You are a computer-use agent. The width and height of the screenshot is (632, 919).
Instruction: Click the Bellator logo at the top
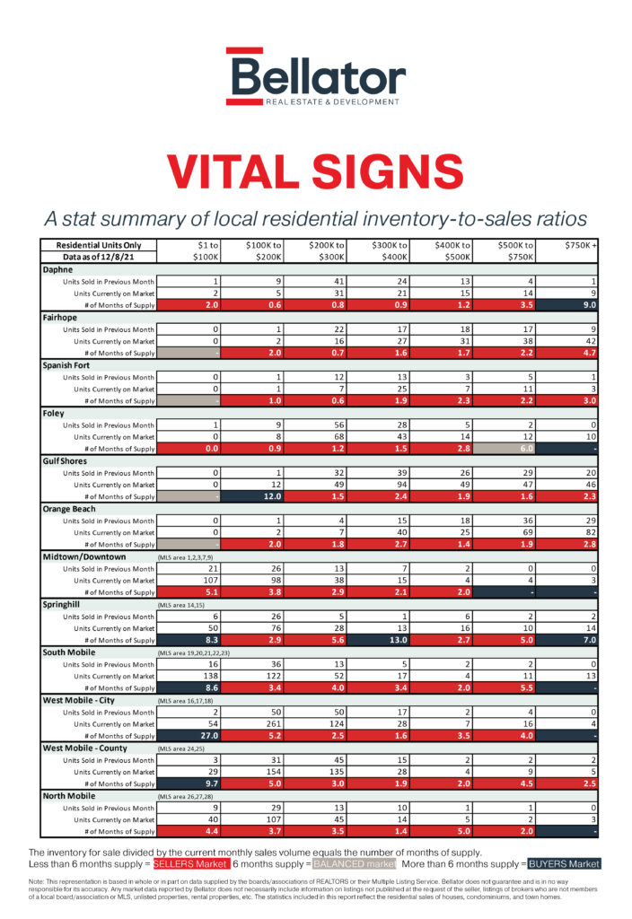click(315, 77)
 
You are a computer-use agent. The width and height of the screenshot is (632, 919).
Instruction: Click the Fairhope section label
click(62, 317)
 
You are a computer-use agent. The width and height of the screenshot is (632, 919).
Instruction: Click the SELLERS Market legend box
click(191, 863)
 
